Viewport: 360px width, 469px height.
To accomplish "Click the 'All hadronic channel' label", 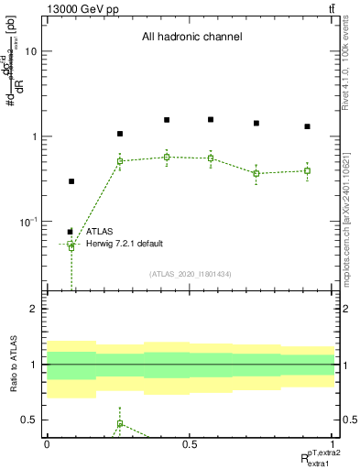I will click(x=191, y=38).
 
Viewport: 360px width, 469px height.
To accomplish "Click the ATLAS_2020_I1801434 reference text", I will click(x=190, y=274).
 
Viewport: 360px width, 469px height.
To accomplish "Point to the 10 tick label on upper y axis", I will click(x=30, y=52).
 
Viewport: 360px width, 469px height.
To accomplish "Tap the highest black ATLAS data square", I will click(x=167, y=119).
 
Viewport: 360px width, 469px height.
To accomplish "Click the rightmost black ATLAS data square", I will click(x=308, y=126).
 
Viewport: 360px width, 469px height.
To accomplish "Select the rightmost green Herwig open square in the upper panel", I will click(x=308, y=170).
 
